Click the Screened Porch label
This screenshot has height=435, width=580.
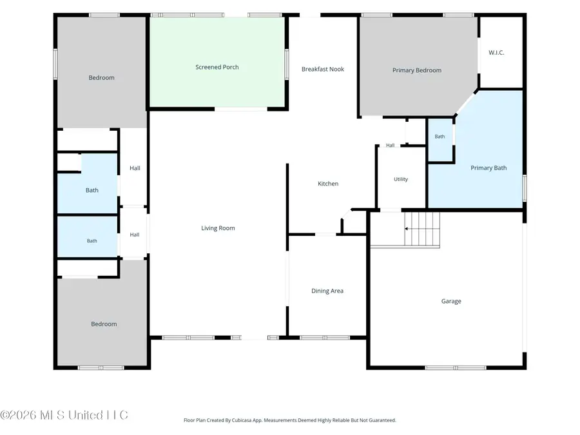pos(217,67)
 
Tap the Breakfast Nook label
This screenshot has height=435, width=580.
pos(323,69)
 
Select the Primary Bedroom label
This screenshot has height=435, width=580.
pos(417,70)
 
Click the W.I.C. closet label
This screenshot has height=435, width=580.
pos(496,53)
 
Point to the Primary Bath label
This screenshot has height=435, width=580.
pos(488,168)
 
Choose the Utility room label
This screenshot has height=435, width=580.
pos(401,179)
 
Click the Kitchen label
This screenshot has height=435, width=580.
pos(328,184)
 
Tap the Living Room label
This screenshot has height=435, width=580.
pos(218,228)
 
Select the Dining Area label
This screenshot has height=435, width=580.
pos(327,291)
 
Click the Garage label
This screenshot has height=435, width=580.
pos(451,301)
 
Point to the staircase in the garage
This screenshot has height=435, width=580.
pos(421,229)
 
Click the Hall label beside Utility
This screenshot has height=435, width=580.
pos(391,146)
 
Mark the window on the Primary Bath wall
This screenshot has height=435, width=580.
pos(524,188)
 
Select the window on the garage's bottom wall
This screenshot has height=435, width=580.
pos(456,368)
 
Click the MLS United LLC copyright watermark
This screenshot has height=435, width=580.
pos(64,415)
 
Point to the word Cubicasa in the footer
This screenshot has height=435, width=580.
pos(242,420)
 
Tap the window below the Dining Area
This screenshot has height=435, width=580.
pos(324,337)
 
